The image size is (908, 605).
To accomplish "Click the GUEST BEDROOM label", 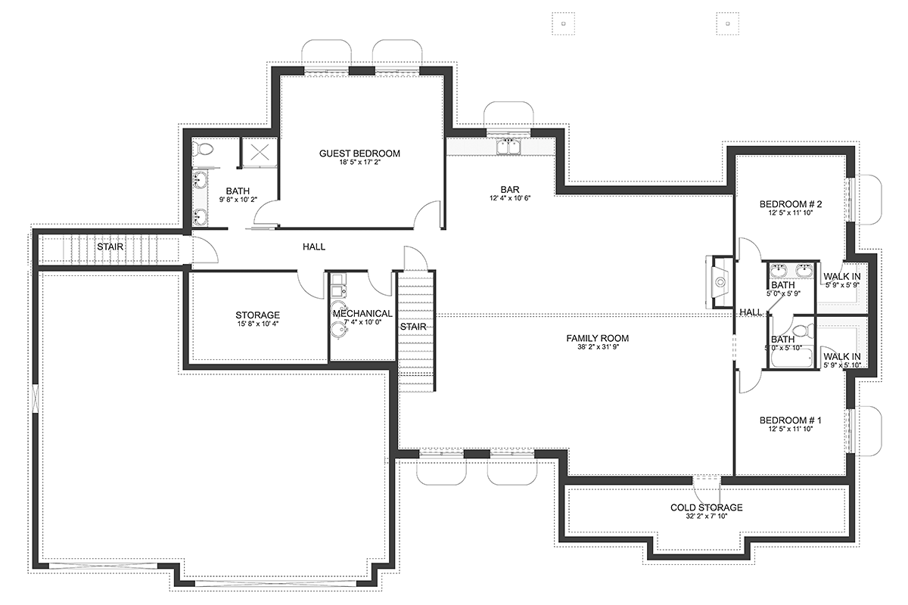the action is pos(359,154).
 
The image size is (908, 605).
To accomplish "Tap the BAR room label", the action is pos(510,189).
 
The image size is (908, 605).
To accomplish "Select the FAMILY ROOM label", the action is pos(598,338).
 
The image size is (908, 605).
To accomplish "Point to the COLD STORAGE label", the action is pos(707,507).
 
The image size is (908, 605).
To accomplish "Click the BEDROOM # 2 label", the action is pos(791,204).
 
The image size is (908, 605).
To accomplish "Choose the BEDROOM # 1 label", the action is pos(791,420).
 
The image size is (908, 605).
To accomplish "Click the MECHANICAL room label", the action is pos(362,314).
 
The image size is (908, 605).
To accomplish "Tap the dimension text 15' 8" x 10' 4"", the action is pos(258,324).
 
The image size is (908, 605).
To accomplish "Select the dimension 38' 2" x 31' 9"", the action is pos(598,347).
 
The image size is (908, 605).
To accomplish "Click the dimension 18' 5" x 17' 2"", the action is pos(360,162).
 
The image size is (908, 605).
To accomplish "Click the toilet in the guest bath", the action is pos(202,148).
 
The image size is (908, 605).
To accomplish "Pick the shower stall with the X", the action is pos(260,152).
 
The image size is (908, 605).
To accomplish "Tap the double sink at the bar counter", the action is pos(508,147).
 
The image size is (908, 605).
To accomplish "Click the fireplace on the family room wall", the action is pos(720,281).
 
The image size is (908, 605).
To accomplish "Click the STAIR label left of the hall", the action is pos(110,247).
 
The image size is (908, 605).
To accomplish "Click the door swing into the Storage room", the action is pos(311,285).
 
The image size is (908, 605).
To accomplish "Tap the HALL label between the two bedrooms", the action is pos(751,312).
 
